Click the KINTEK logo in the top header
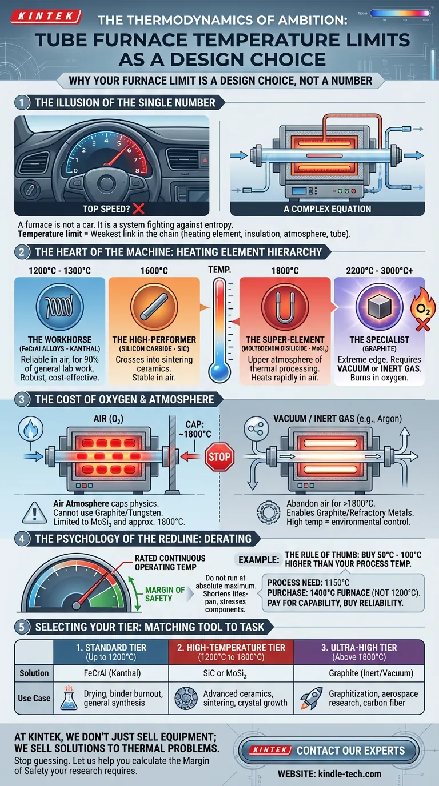point(46,16)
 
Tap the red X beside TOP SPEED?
point(139,209)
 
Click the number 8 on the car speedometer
point(137,171)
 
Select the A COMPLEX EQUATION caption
point(328,209)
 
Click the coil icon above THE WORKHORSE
point(59,307)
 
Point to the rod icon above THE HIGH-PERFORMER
point(154,307)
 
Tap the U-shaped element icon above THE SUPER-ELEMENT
point(285,307)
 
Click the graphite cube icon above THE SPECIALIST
point(380,307)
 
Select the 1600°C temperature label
point(154,271)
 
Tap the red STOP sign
point(219,457)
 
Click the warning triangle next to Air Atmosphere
point(34,513)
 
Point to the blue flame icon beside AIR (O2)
point(31,428)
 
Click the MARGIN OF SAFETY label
point(165,594)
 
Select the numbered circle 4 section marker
point(22,539)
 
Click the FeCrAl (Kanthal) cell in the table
point(112,673)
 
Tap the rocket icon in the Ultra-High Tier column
point(311,698)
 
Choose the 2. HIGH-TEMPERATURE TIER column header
point(231,652)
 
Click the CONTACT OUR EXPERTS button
point(329,751)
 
